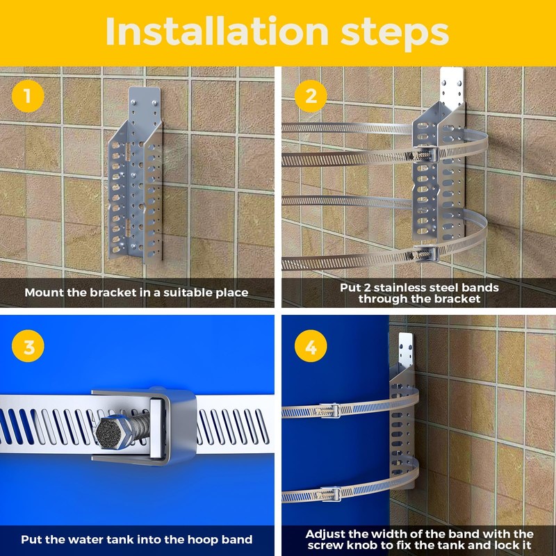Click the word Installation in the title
tap(217, 31)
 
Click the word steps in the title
tap(395, 33)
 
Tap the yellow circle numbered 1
tap(28, 96)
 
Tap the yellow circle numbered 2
tap(311, 96)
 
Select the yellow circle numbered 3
tap(28, 345)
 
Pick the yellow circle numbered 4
tap(311, 345)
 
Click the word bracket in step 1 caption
tap(113, 293)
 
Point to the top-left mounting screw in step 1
tap(134, 103)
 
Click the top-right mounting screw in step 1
tap(154, 103)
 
